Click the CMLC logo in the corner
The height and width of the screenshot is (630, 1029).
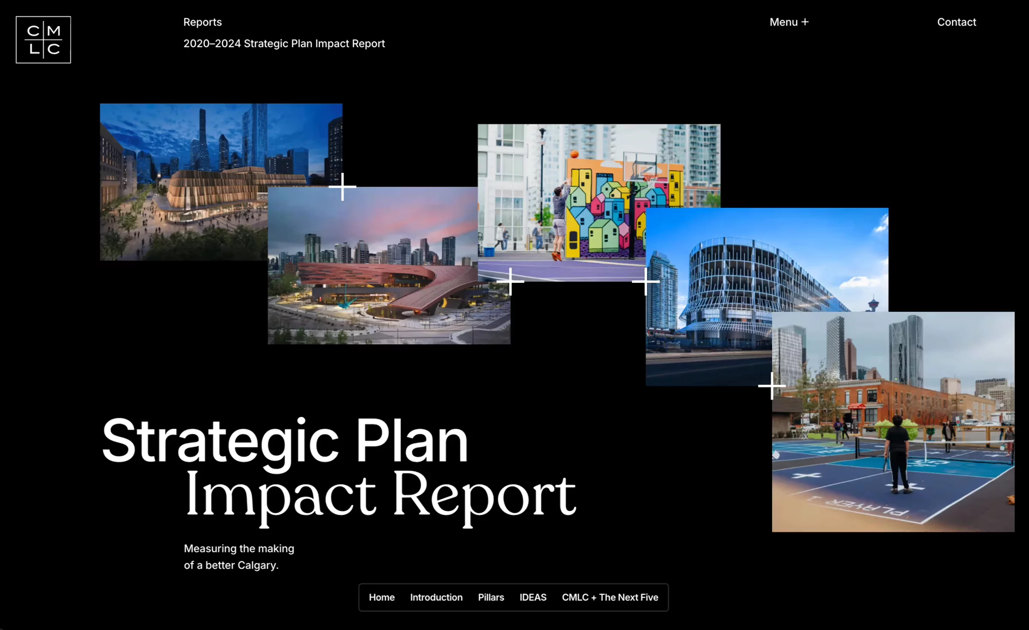[43, 40]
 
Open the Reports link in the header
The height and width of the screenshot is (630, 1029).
[202, 22]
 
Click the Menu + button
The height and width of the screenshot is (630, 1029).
[789, 22]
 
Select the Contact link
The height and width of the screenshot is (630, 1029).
[957, 22]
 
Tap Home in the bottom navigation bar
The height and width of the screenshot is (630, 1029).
[382, 597]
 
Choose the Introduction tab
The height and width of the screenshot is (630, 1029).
[436, 597]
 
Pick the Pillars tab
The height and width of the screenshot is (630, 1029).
[491, 597]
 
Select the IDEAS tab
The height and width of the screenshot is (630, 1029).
[533, 597]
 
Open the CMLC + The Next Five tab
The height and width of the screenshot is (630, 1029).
[610, 597]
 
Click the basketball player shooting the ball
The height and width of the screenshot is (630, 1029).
[559, 221]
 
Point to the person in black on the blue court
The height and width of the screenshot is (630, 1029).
[898, 454]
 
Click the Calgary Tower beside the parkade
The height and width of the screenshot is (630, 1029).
[873, 303]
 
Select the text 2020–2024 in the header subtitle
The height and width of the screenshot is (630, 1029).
[212, 44]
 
